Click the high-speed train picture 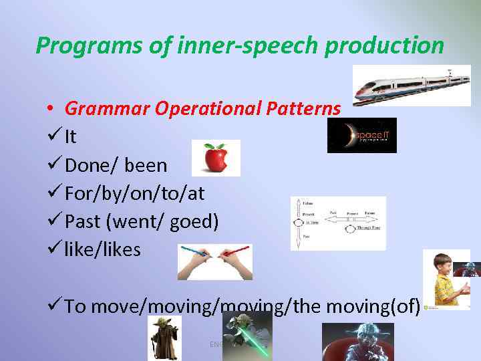[412, 86]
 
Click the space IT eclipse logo [361, 135]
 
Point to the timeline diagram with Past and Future [338, 223]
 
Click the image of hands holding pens [214, 261]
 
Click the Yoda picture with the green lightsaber [247, 334]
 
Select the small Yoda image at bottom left [164, 338]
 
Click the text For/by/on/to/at [134, 193]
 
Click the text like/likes [103, 249]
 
